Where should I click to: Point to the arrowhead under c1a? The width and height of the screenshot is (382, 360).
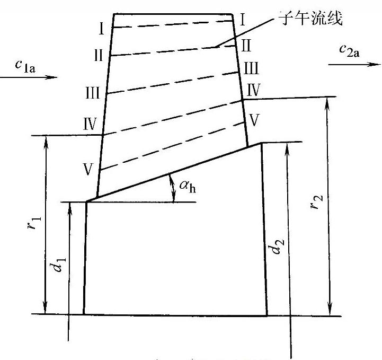(x=51, y=77)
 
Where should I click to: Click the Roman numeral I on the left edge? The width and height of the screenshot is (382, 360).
(x=101, y=29)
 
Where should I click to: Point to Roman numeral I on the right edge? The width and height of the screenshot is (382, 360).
(x=242, y=20)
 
